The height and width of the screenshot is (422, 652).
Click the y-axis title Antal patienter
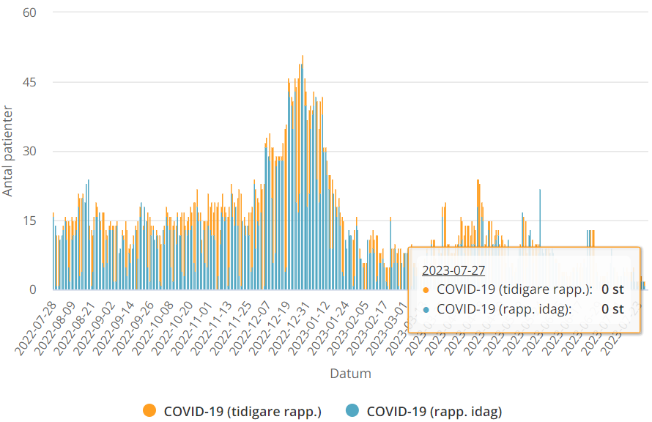(8, 151)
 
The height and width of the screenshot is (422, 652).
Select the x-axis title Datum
(350, 374)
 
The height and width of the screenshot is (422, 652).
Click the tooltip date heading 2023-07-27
(453, 270)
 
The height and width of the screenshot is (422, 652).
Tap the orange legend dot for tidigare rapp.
(150, 411)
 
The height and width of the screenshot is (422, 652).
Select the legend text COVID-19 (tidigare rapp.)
(242, 411)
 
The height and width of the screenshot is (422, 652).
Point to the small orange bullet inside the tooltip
(426, 289)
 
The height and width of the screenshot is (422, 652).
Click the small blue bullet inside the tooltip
(426, 309)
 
